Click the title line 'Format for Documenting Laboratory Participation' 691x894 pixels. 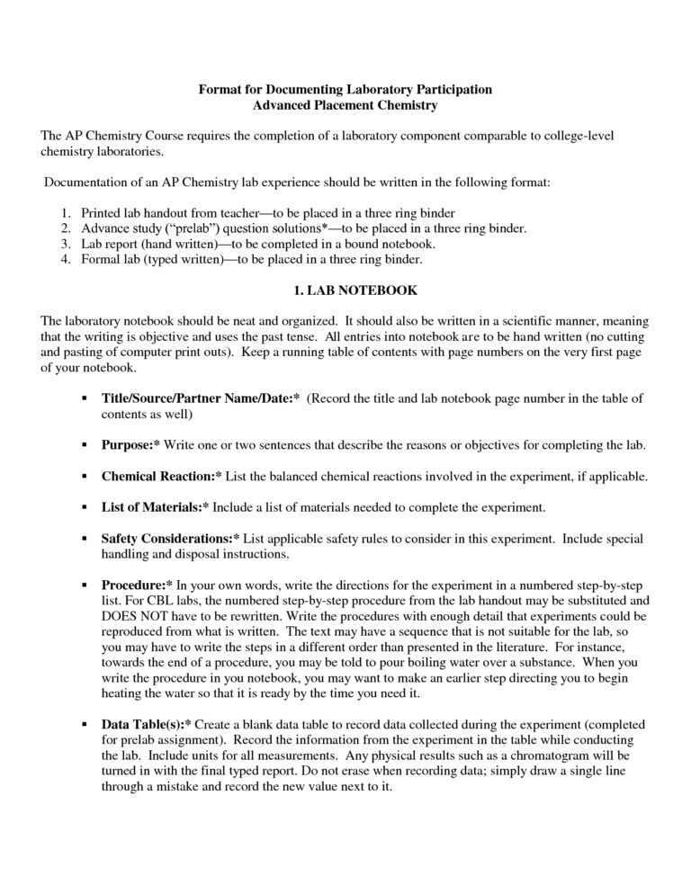(x=345, y=89)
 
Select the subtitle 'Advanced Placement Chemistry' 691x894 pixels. (x=345, y=105)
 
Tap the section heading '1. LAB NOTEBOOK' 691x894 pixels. (x=345, y=291)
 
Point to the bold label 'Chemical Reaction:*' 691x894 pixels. (x=161, y=477)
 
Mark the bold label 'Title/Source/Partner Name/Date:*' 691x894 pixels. (x=201, y=398)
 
